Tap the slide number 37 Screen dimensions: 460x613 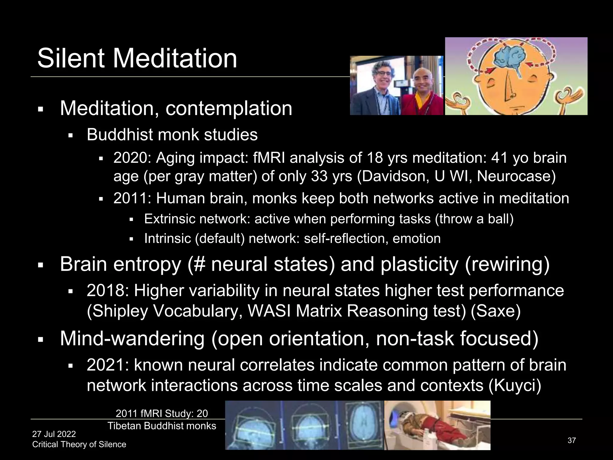571,440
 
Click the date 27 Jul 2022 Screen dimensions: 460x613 54,434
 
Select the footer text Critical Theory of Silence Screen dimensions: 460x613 79,444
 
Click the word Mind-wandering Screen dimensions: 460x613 132,338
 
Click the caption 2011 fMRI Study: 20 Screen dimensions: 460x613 162,413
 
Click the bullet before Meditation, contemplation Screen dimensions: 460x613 41,109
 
